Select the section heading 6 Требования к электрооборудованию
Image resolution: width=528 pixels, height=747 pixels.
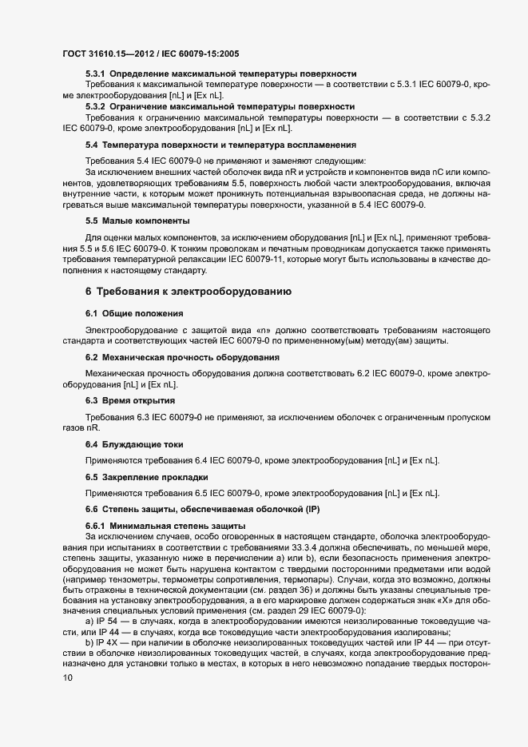coord(188,292)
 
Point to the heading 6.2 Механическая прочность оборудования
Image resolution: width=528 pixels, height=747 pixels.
coord(182,356)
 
